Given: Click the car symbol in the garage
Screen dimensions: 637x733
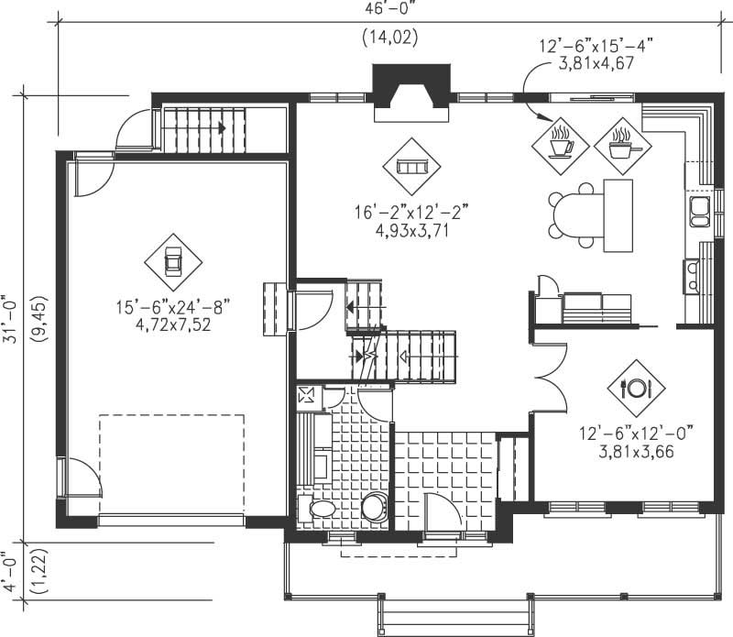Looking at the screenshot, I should pos(172,261).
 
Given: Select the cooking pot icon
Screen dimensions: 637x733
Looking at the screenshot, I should pos(622,143).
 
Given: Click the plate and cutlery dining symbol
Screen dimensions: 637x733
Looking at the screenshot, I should pos(636,387).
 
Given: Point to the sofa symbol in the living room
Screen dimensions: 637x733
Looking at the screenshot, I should pos(411,166).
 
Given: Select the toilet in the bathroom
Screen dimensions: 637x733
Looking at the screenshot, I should pos(322,508).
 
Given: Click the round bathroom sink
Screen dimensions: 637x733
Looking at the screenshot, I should pos(373,507).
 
